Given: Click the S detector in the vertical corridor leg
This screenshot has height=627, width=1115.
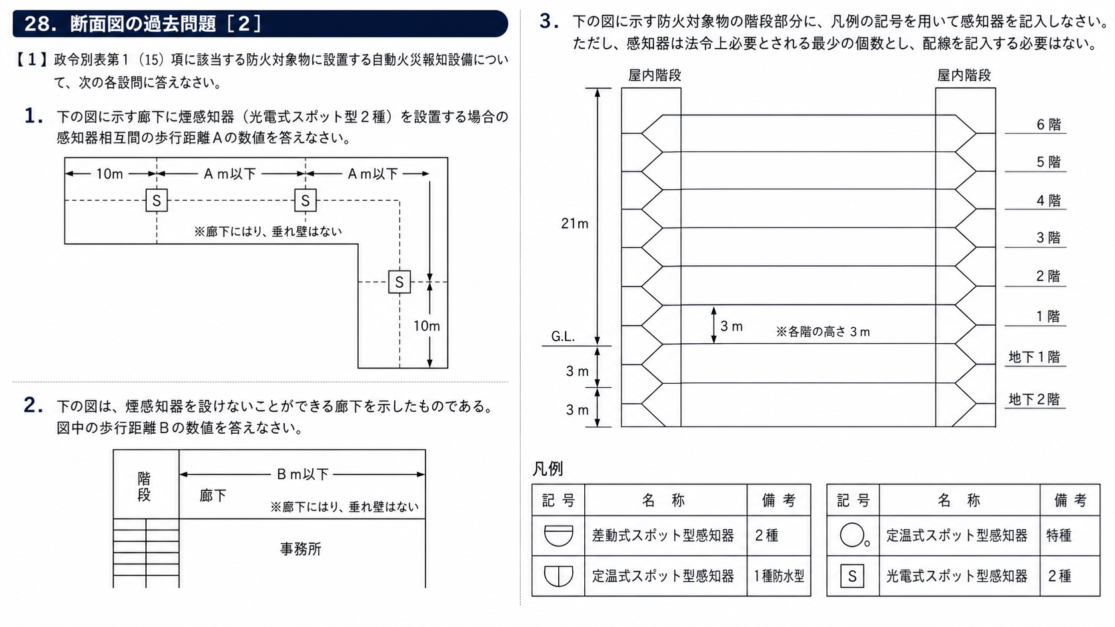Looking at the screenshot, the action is click(399, 282).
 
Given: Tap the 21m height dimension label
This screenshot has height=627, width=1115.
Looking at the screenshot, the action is click(574, 224).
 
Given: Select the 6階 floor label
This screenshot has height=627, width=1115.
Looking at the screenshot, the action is click(1048, 125).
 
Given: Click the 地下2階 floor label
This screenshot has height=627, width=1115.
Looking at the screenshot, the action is click(1034, 399).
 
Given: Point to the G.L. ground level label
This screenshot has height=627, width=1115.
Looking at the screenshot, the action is click(563, 336).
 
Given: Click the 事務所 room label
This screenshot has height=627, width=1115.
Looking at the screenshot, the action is click(301, 549).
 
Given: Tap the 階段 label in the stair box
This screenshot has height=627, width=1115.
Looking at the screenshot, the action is click(144, 487).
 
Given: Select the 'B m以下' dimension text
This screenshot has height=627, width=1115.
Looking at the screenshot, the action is click(303, 474).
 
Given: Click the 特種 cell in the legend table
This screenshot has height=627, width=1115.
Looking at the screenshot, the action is click(1059, 536).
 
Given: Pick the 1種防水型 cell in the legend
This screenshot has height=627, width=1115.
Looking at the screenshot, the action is click(778, 576).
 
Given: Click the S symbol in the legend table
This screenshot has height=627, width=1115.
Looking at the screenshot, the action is click(852, 576).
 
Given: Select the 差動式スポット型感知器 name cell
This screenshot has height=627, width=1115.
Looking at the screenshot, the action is click(663, 536).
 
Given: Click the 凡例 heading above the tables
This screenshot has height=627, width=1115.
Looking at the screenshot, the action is click(547, 469).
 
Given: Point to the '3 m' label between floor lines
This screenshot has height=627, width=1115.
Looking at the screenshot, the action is click(732, 326).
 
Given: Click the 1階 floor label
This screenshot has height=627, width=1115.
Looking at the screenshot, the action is click(1048, 316).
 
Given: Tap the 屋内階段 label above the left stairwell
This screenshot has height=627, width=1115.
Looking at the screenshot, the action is click(655, 75).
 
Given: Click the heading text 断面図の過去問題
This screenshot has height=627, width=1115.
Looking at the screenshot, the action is click(143, 24).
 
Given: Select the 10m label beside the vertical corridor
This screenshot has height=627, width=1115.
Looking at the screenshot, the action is click(427, 326).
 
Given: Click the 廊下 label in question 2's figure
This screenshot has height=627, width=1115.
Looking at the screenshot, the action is click(213, 495).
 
